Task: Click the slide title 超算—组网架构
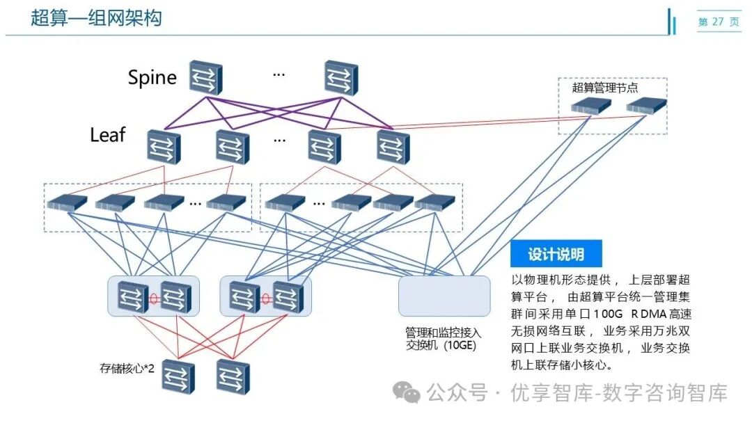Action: click(96, 18)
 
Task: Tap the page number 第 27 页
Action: click(719, 22)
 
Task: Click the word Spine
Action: click(152, 77)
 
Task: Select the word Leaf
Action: click(108, 134)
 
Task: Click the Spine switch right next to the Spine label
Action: click(205, 77)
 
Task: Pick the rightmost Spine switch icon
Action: click(340, 77)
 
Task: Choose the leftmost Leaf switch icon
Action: click(164, 147)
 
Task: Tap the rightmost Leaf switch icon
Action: click(393, 147)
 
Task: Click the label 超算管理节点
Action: click(604, 88)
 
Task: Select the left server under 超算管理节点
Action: click(591, 106)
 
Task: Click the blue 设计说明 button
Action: click(556, 254)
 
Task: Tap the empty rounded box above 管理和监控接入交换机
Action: click(444, 296)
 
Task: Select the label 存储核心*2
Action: click(127, 367)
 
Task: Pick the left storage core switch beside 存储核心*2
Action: click(178, 376)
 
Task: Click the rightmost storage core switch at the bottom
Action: click(233, 376)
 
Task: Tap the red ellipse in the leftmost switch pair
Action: click(154, 298)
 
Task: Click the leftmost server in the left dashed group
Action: click(67, 202)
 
